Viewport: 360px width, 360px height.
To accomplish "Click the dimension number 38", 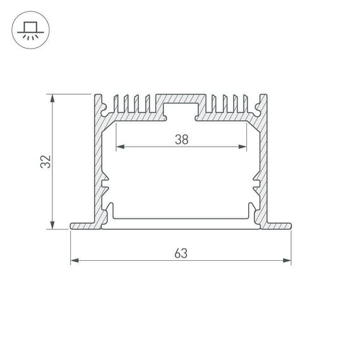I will (181, 140).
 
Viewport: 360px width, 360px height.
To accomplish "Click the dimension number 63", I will (181, 253).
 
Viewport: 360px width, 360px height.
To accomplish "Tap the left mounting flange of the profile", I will (82, 225).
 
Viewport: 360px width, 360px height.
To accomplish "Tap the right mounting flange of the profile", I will (279, 225).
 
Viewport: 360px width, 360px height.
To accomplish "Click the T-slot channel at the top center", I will (181, 111).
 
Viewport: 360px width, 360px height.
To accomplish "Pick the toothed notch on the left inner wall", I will (105, 184).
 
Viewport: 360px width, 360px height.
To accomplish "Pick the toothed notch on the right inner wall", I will (256, 184).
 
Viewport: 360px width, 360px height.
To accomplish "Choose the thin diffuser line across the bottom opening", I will (181, 219).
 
